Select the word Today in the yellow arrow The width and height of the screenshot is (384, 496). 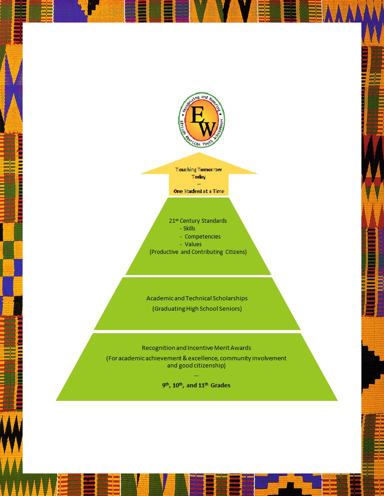coord(198,177)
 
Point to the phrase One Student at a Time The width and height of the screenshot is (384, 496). coord(199,192)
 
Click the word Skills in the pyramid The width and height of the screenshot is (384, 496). coord(189,229)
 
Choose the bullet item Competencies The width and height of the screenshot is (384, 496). coord(202,236)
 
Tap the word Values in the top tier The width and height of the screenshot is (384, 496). coord(193,244)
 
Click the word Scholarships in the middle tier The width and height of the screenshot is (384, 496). coord(225,299)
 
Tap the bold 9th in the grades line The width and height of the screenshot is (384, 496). coord(166,385)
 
